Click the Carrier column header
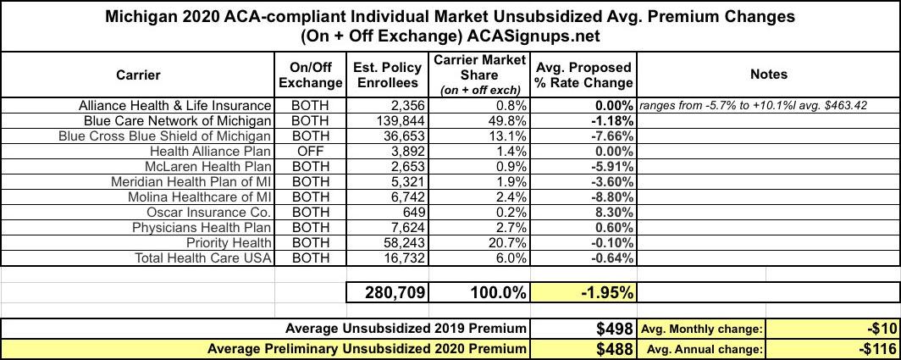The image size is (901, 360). pos(138,75)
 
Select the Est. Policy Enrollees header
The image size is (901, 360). pos(387,75)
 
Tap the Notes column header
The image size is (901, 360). pos(768,75)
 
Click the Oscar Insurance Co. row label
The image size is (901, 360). pos(208,212)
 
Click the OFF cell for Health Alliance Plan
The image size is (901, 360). pos(310,151)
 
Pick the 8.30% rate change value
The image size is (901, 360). pos(611,212)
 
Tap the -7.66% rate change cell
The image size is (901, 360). pos(609,136)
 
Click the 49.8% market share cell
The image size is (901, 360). pos(507,120)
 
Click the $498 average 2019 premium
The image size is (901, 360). pos(610,329)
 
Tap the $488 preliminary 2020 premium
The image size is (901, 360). pos(610,348)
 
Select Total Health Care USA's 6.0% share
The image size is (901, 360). pos(511,258)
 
